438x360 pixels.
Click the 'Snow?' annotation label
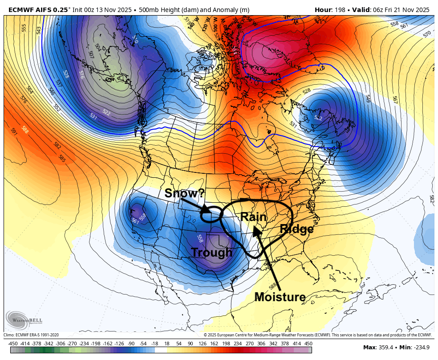point(183,193)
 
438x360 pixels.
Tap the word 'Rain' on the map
point(253,217)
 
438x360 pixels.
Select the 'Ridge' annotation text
point(296,229)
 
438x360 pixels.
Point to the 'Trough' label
point(212,253)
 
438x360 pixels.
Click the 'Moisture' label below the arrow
point(280,297)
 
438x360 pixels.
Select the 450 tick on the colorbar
point(308,344)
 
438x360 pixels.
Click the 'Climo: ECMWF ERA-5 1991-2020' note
point(31,335)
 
